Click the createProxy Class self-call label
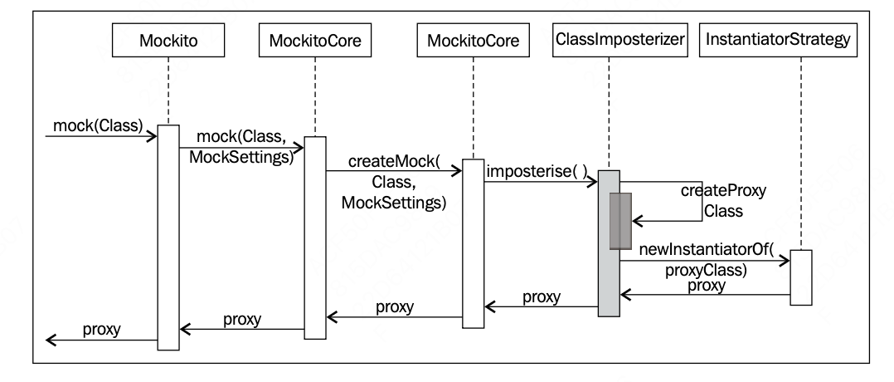point(722,201)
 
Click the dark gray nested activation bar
point(621,220)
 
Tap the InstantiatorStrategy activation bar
point(800,277)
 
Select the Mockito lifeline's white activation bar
point(168,237)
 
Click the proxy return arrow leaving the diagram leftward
point(100,339)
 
